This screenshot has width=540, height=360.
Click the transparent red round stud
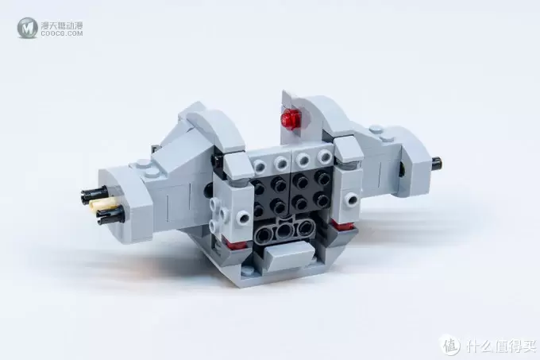tap(291, 119)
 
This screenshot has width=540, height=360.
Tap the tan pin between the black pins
tap(98, 205)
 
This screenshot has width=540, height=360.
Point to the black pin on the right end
tap(436, 163)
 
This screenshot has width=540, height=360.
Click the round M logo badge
tap(28, 28)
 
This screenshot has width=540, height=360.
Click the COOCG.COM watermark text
tap(62, 33)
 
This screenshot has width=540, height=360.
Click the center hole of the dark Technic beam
tap(283, 232)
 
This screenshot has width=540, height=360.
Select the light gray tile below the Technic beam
tap(289, 255)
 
